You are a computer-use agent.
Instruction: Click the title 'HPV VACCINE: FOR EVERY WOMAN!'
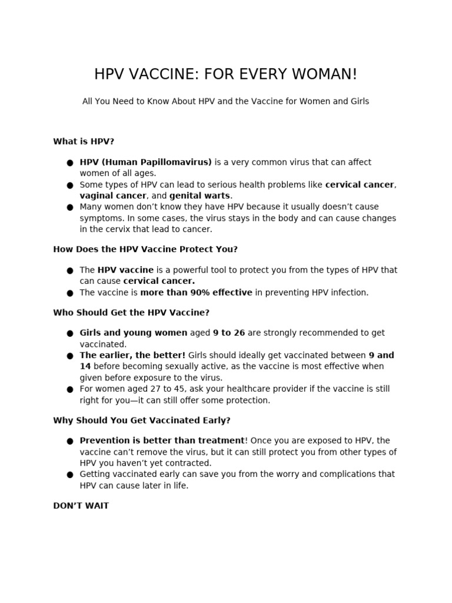[x=225, y=75]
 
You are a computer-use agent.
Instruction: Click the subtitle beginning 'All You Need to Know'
[x=225, y=101]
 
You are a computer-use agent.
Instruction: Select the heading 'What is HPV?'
[x=83, y=141]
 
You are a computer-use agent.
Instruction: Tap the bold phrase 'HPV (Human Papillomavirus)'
[x=145, y=162]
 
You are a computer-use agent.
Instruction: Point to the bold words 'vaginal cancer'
[x=113, y=196]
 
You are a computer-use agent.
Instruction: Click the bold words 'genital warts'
[x=200, y=196]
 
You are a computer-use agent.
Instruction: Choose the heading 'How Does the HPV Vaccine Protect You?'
[x=145, y=249]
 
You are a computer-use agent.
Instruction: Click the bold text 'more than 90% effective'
[x=196, y=293]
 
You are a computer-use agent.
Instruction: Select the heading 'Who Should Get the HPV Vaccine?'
[x=131, y=313]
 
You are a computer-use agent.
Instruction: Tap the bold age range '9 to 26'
[x=229, y=333]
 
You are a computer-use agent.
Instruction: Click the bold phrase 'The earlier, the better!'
[x=132, y=355]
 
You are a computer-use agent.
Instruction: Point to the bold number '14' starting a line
[x=85, y=366]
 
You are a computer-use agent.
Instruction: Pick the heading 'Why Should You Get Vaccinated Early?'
[x=142, y=420]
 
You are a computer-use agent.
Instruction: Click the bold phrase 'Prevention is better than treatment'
[x=162, y=440]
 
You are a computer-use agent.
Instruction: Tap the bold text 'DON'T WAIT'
[x=81, y=506]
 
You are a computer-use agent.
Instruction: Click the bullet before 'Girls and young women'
[x=70, y=333]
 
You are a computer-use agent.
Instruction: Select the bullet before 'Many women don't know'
[x=70, y=207]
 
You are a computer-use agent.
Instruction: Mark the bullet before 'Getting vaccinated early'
[x=70, y=475]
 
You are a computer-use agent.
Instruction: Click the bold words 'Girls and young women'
[x=134, y=333]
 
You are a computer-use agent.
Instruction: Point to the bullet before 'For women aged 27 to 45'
[x=70, y=389]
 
